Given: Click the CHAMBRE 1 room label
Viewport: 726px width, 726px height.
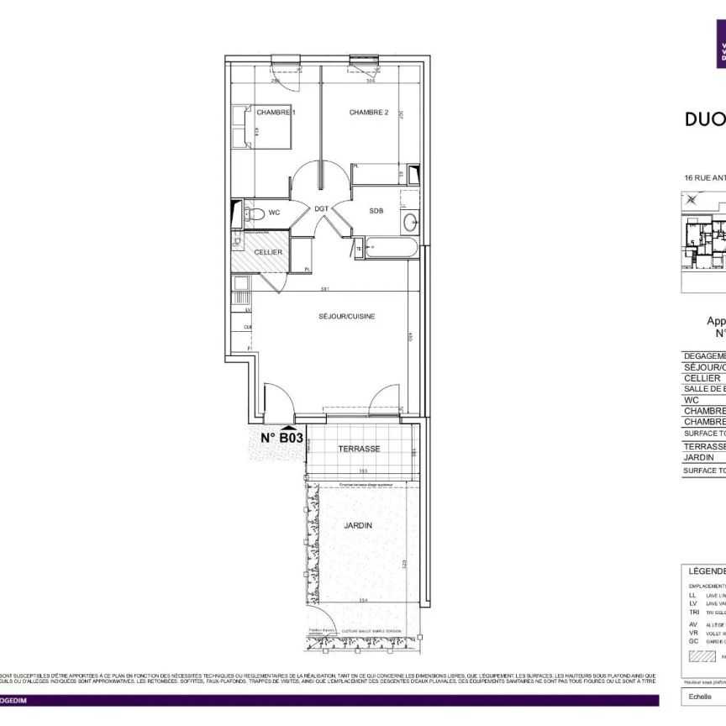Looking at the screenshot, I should coord(276,113).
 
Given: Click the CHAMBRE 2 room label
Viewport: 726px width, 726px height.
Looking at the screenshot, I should coord(369,113).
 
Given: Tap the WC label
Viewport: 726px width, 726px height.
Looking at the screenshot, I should coord(274,212).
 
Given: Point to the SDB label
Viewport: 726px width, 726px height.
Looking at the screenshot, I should coord(376,211).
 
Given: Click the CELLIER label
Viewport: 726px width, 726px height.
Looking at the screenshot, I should coord(268,252).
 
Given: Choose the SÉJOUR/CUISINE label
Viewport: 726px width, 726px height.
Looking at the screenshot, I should coord(346,316).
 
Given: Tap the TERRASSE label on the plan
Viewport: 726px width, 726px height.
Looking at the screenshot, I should coord(359,449).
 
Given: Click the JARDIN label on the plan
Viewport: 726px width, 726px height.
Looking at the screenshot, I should coord(358,525).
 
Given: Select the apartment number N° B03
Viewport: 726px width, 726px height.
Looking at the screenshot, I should coord(281,438).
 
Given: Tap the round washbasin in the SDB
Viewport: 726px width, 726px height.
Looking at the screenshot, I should coord(409,223).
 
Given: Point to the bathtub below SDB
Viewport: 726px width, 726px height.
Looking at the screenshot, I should coord(389,250).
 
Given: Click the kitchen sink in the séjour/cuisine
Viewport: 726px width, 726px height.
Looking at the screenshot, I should coord(240,295).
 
